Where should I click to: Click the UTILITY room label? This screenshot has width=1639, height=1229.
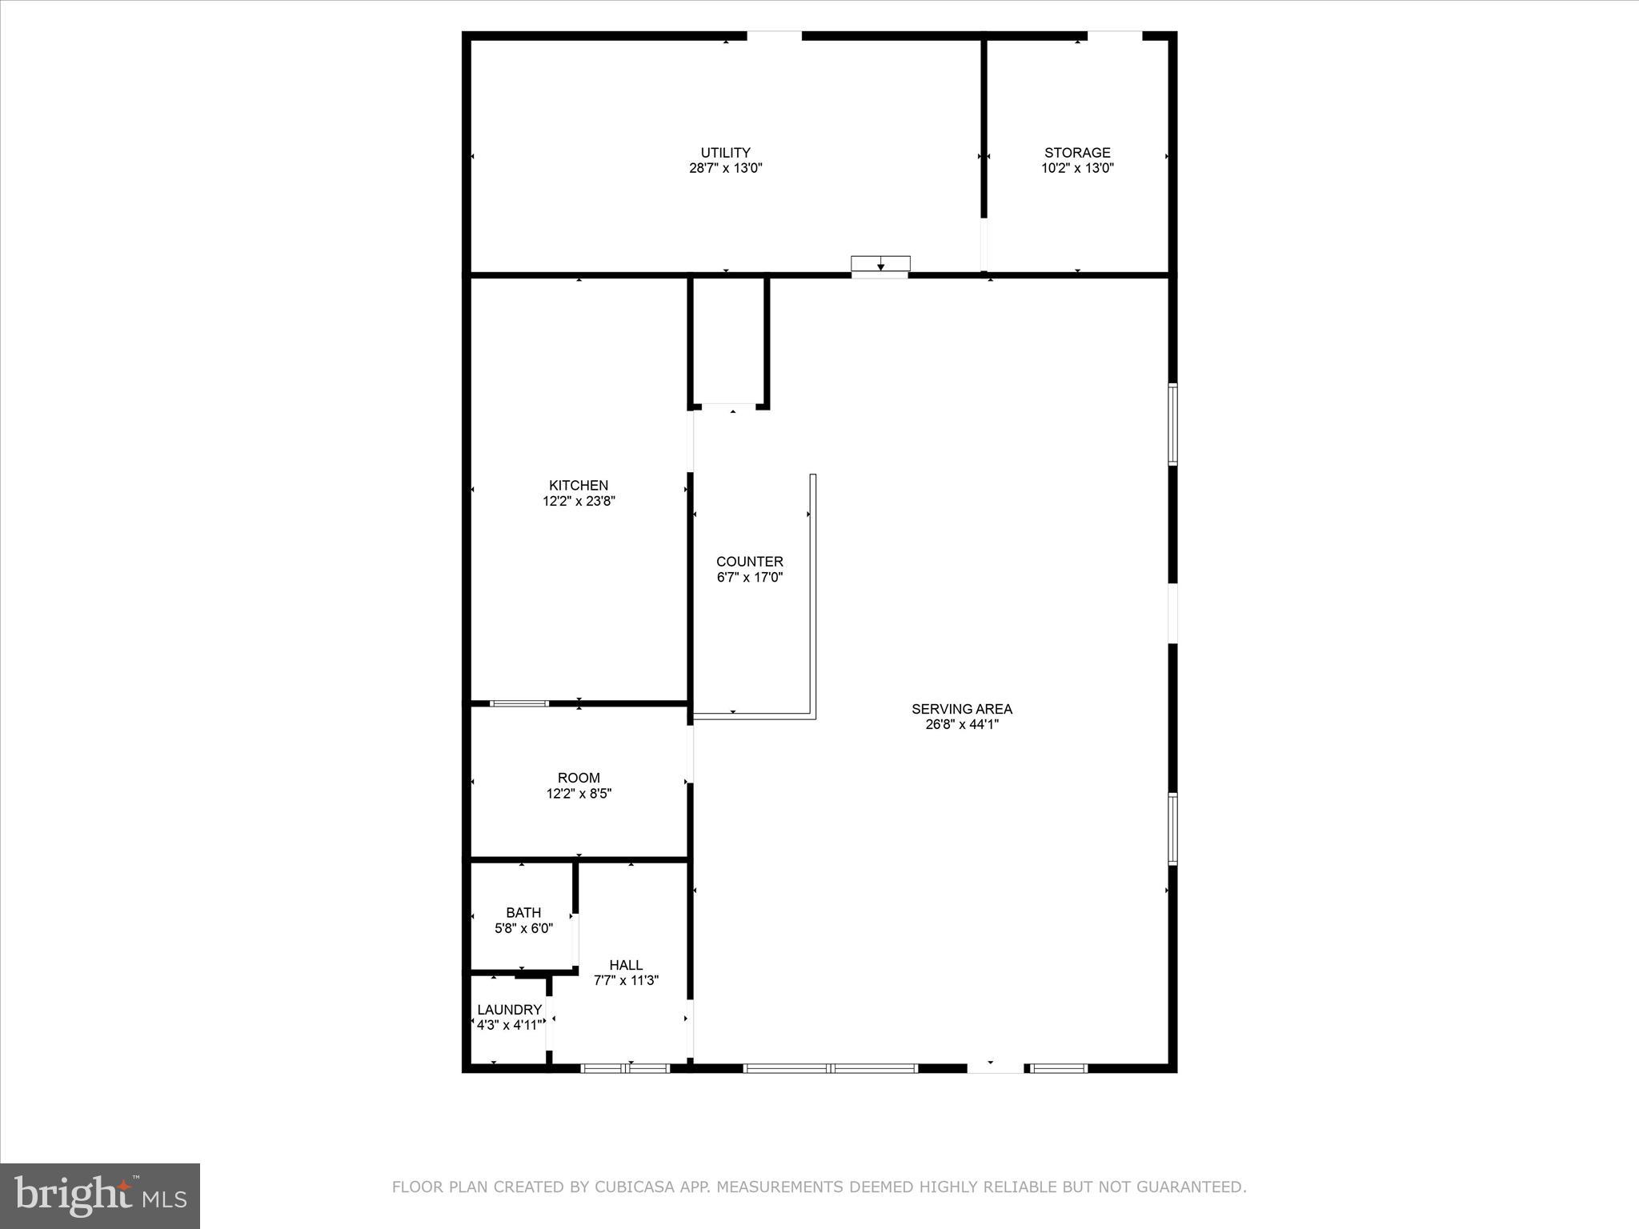725,153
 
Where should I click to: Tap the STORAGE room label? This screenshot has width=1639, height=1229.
1077,153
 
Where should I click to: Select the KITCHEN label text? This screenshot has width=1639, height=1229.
578,486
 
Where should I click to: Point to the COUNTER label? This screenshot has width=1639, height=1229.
749,562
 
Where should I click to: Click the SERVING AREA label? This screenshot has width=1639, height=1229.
961,709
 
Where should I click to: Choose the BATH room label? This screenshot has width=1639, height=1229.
523,913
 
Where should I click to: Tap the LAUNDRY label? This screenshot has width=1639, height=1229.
509,1010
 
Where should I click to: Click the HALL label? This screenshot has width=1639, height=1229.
626,966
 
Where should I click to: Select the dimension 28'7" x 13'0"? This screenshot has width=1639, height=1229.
725,169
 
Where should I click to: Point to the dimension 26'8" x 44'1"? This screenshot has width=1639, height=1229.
961,725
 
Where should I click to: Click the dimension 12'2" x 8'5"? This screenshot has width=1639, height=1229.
579,794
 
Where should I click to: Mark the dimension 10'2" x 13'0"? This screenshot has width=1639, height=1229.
1077,169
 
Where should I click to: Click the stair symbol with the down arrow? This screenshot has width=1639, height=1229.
880,265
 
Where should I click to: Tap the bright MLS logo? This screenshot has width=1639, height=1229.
100,1197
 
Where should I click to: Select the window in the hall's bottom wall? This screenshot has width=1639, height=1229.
625,1068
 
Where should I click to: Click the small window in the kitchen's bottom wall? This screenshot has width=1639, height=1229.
519,703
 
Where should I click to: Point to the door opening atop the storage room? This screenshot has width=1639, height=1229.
1114,36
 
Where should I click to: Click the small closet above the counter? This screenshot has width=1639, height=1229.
728,342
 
